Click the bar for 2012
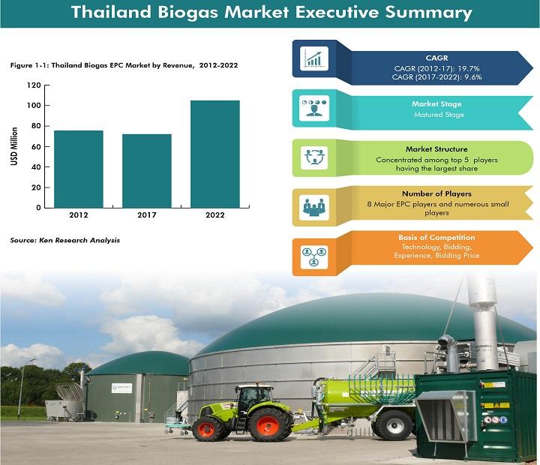pos(79,169)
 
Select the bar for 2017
pos(147,171)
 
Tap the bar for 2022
pos(215,154)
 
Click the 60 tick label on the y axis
pos(36,146)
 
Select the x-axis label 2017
pos(147,215)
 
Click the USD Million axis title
pos(14,146)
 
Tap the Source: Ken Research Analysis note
pos(65,240)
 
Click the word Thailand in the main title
pos(111,12)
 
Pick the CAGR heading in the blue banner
pos(436,58)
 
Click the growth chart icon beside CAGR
pos(314,58)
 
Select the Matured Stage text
pos(439,114)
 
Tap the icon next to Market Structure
pos(314,157)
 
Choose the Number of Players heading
pos(436,193)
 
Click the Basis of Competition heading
pos(436,237)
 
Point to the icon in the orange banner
pos(314,256)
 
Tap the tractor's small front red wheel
pos(207,429)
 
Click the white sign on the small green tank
pos(122,388)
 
